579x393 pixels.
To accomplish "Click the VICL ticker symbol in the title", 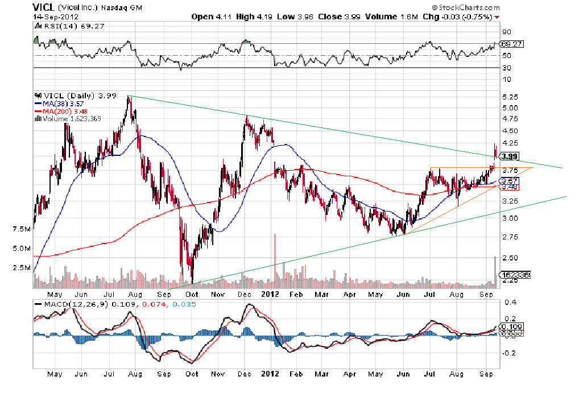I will click(44, 7).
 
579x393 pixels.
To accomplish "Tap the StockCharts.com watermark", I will click(466, 8).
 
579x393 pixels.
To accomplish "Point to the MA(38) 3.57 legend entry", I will click(59, 103).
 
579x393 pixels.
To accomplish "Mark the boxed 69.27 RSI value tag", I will click(511, 44).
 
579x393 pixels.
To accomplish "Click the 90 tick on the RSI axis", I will click(506, 32).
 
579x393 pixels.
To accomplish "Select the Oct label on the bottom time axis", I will click(192, 374).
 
